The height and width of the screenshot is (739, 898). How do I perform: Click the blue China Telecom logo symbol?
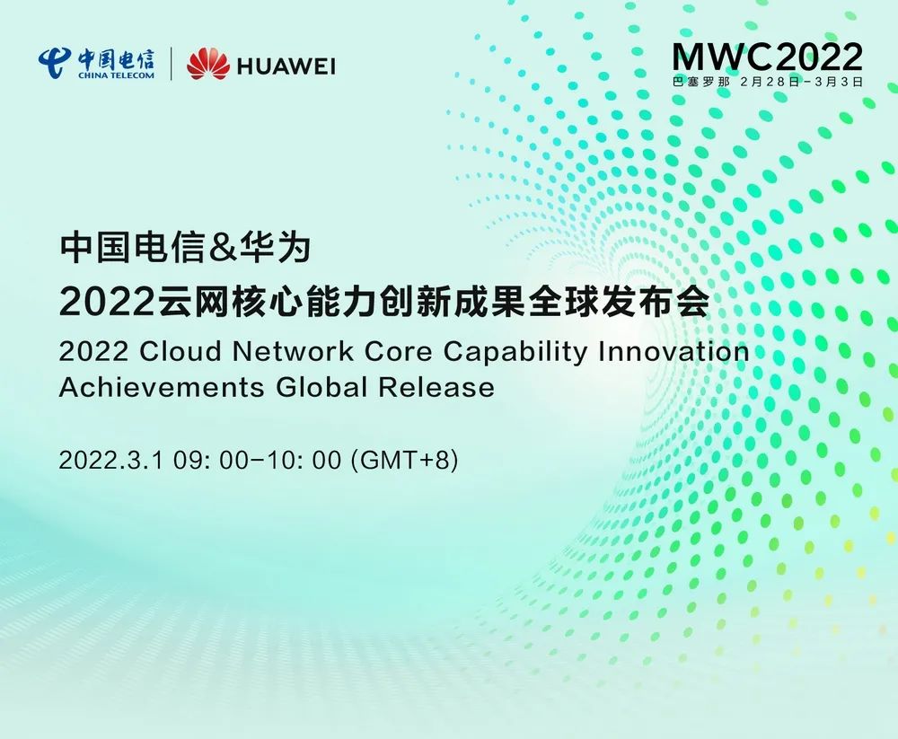tap(55, 63)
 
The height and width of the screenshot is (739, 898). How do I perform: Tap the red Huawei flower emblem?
tap(208, 64)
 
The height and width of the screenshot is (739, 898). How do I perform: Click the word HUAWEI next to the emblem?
tap(286, 66)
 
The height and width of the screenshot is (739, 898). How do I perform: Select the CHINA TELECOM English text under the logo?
tap(116, 75)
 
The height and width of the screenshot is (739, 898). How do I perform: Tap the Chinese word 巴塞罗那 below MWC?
tap(701, 82)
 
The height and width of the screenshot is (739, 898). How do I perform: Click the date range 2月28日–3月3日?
tap(801, 82)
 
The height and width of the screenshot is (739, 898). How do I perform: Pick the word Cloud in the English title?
tap(181, 350)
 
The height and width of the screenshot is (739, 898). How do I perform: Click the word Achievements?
tap(162, 387)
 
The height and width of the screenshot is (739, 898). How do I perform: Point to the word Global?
tap(321, 387)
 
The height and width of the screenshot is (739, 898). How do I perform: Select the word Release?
tap(436, 387)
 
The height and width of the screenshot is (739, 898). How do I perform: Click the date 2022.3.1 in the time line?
tap(111, 460)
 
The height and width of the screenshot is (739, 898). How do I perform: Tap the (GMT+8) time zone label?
tap(405, 460)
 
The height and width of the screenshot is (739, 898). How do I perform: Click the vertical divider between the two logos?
tap(172, 64)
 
